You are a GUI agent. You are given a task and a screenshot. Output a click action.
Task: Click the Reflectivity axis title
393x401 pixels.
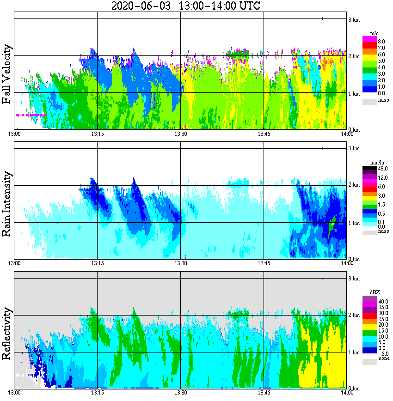(7, 331)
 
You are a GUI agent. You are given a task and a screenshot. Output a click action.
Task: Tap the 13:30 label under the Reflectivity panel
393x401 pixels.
(180, 393)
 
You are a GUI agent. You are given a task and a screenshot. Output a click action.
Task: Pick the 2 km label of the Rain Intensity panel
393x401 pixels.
(354, 185)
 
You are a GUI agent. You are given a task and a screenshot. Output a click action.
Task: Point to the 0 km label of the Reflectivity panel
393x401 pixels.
(354, 389)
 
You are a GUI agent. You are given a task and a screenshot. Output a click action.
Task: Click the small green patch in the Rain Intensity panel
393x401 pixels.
(332, 225)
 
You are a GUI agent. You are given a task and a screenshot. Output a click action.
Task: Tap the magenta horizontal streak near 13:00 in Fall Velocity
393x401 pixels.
(30, 115)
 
